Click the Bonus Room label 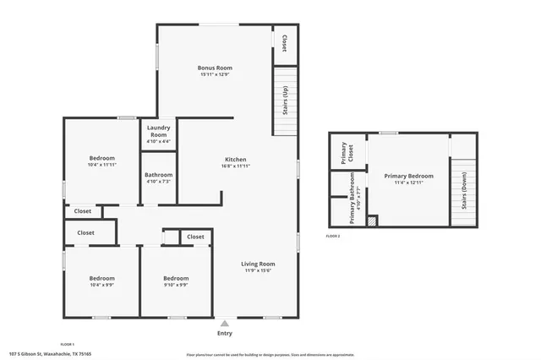[215, 68]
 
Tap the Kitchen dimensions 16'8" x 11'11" [235, 166]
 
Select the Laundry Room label [158, 132]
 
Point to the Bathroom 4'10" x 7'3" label [159, 177]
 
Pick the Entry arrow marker [225, 323]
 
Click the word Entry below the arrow [225, 333]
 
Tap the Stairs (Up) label [285, 101]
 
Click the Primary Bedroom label [408, 177]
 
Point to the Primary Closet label [343, 152]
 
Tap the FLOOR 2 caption [333, 236]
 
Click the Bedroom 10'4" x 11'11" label [102, 161]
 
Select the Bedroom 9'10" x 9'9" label [176, 281]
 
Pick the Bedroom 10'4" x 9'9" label [102, 281]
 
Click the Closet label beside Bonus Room [284, 41]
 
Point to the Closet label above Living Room [195, 237]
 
